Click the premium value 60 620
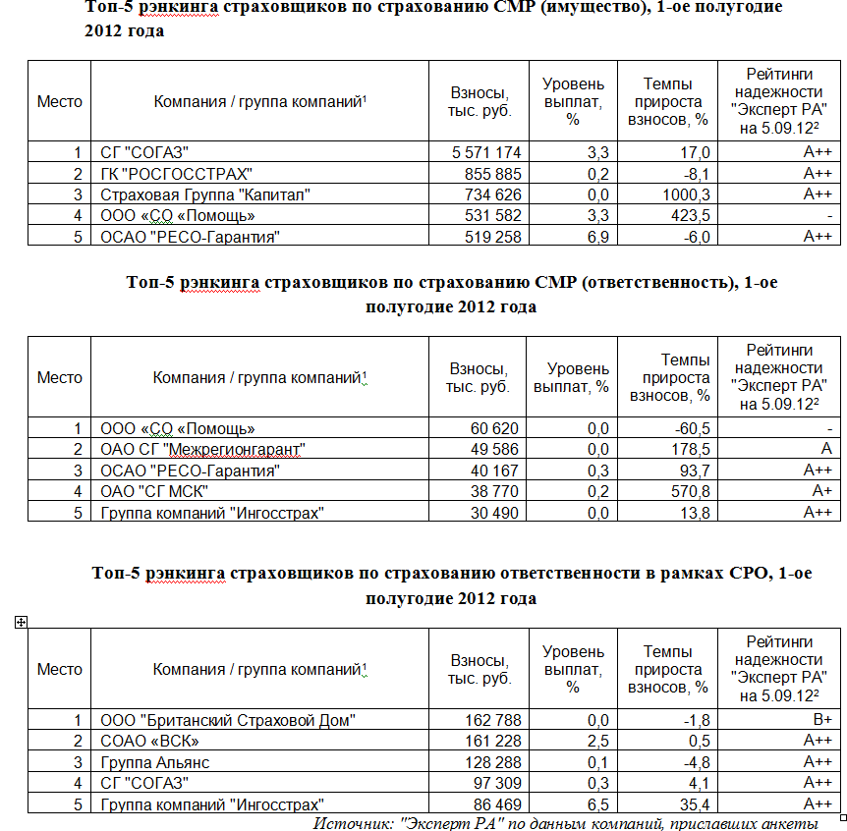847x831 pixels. coord(494,428)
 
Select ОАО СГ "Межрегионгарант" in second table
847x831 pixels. coord(202,449)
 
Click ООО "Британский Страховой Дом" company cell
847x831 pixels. coord(228,720)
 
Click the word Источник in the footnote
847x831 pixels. coord(352,823)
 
